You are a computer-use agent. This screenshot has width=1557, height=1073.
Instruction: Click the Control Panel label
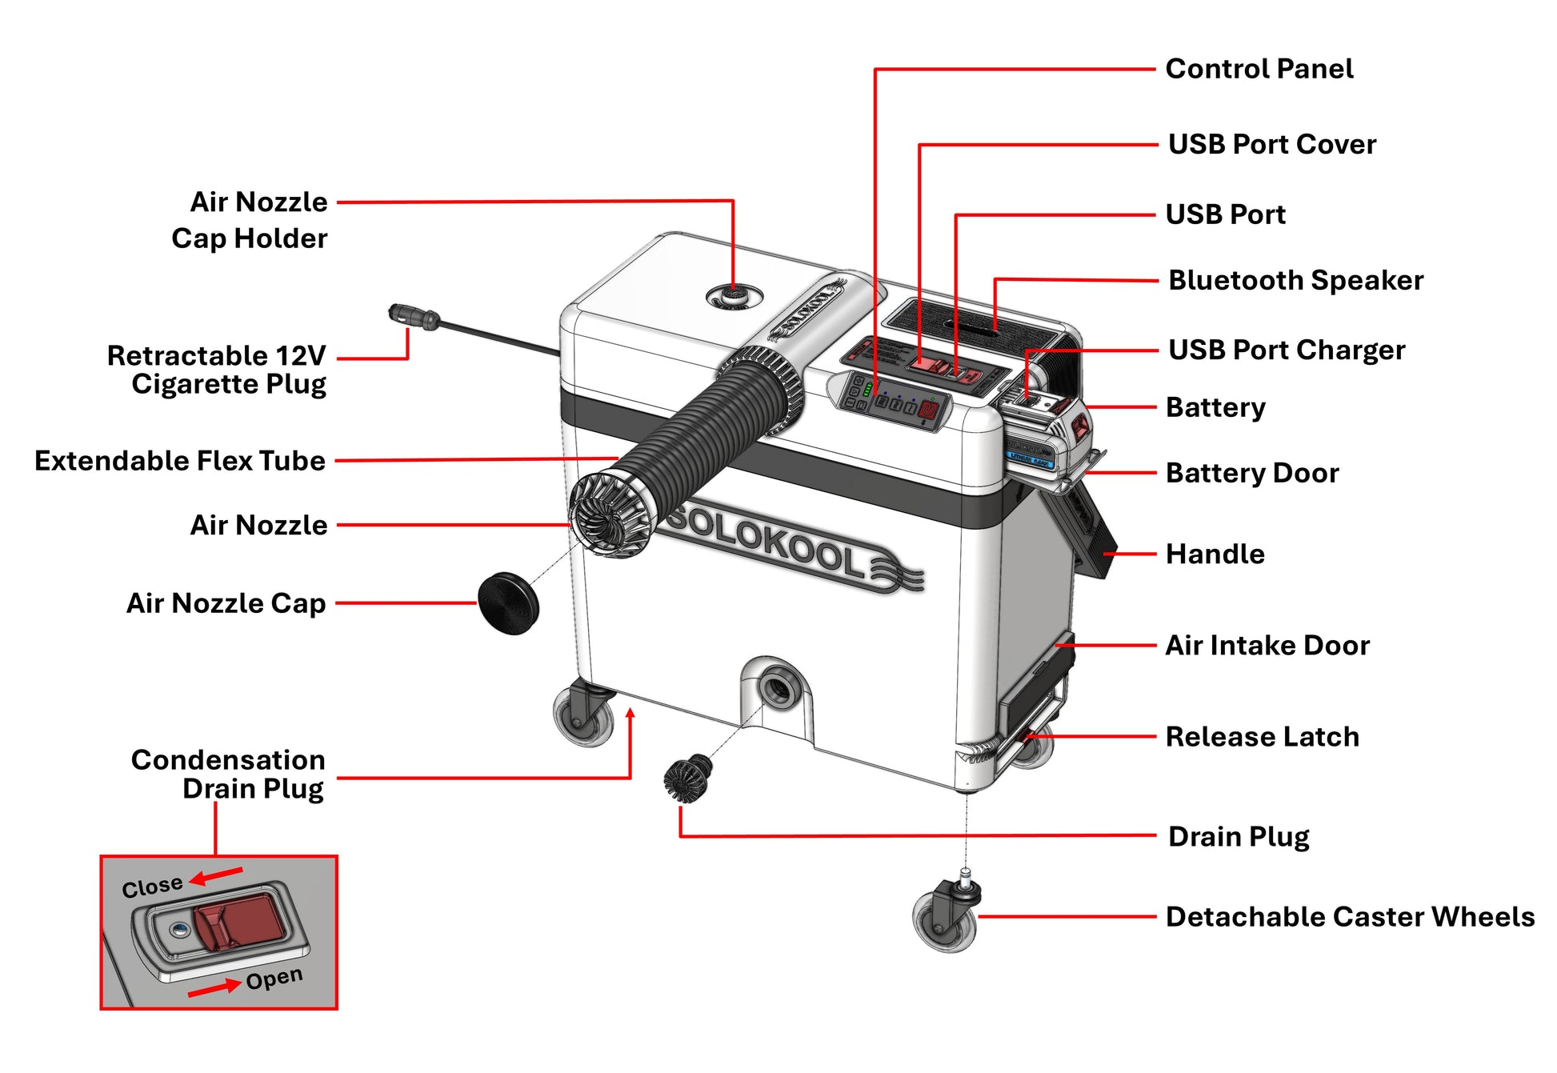1259,69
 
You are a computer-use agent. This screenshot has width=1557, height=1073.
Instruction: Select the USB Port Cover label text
1271,144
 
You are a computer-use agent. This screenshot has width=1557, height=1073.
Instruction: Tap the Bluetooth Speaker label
1295,280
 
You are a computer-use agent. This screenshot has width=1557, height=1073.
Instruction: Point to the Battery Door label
1251,473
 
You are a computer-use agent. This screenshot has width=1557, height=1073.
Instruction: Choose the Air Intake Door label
1267,645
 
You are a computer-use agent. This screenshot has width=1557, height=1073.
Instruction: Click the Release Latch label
1262,736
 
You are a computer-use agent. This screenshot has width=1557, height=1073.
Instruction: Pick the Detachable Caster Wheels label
1350,916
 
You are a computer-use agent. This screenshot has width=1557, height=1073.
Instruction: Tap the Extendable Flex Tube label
180,461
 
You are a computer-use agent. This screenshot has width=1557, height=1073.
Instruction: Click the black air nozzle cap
508,603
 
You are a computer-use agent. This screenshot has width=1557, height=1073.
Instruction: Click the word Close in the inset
152,887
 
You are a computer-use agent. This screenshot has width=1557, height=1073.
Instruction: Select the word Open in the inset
274,979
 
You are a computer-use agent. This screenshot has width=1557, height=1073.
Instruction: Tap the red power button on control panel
929,410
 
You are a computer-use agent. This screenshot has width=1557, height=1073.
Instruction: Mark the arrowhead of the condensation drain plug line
630,713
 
